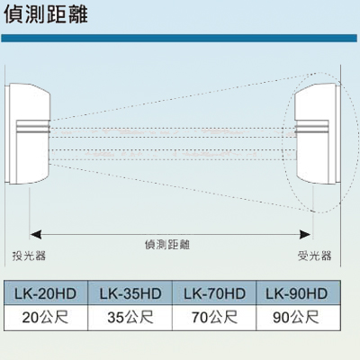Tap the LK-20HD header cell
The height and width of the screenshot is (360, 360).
click(x=46, y=292)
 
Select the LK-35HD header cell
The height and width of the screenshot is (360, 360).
click(x=130, y=292)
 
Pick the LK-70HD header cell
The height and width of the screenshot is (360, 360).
click(x=214, y=292)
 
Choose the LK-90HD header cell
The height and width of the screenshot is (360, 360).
click(x=299, y=292)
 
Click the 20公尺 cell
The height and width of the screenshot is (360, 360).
click(x=46, y=318)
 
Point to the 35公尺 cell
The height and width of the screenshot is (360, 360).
click(x=130, y=318)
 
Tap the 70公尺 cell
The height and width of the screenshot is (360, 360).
click(x=214, y=318)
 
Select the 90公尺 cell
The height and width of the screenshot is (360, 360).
click(x=299, y=318)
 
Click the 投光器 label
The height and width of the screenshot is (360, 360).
click(x=29, y=256)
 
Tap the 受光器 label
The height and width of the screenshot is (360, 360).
click(x=315, y=256)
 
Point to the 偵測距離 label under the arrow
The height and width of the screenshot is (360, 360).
click(x=167, y=245)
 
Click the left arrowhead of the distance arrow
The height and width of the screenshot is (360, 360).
click(x=36, y=235)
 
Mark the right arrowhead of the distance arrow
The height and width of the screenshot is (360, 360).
click(x=305, y=235)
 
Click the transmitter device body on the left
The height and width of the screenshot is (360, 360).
click(x=28, y=133)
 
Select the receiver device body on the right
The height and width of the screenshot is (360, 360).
click(x=318, y=133)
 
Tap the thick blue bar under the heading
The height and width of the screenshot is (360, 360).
click(x=179, y=38)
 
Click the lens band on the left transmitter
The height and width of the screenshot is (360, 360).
click(x=32, y=127)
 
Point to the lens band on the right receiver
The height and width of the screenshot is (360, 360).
click(x=311, y=127)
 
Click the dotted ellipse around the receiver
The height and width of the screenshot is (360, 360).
click(x=283, y=142)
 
